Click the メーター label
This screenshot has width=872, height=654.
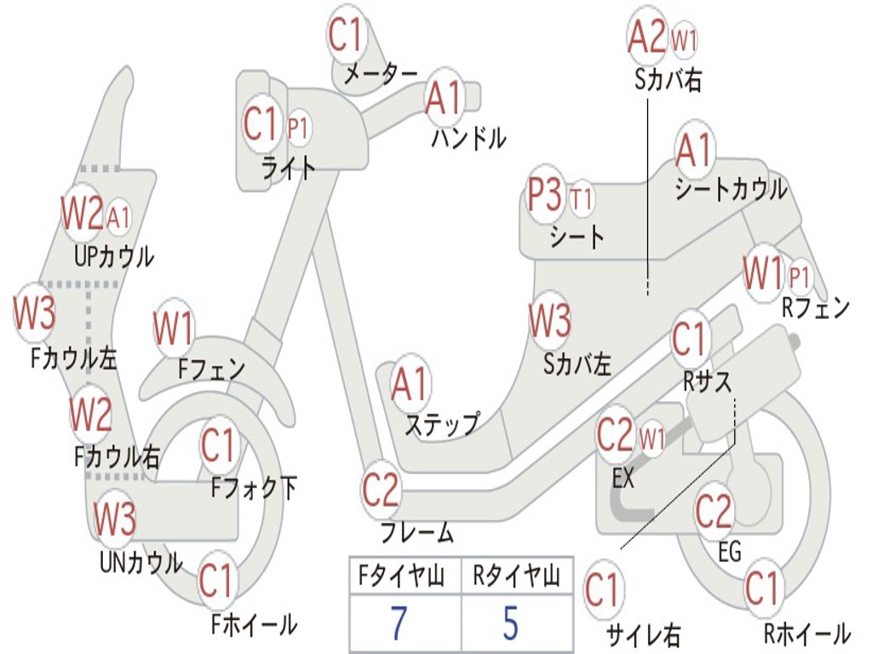pos(381,74)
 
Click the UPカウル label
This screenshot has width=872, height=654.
pos(114,256)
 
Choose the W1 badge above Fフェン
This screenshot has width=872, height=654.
pos(174,329)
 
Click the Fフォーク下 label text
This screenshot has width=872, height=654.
pos(255,488)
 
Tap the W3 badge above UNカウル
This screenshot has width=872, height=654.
pos(114,519)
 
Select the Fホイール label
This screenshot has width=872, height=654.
pos(254,624)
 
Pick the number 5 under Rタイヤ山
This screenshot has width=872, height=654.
pos(510,624)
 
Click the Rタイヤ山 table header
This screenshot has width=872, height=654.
pos(516,577)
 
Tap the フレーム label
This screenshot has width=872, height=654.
pos(416,534)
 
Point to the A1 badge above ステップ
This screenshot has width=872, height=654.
pos(411,385)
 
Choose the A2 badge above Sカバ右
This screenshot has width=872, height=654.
pos(646,37)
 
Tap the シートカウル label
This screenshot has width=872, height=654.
pos(731,189)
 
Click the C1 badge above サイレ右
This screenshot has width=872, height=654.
pos(603,590)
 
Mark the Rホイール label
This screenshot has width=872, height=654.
pos(806,633)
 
